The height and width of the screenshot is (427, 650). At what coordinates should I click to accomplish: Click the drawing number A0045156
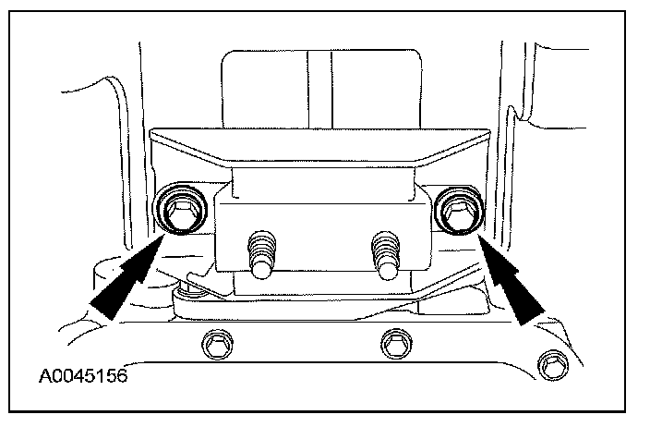click(82, 377)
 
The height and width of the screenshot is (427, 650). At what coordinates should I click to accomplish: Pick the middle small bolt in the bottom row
click(397, 343)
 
